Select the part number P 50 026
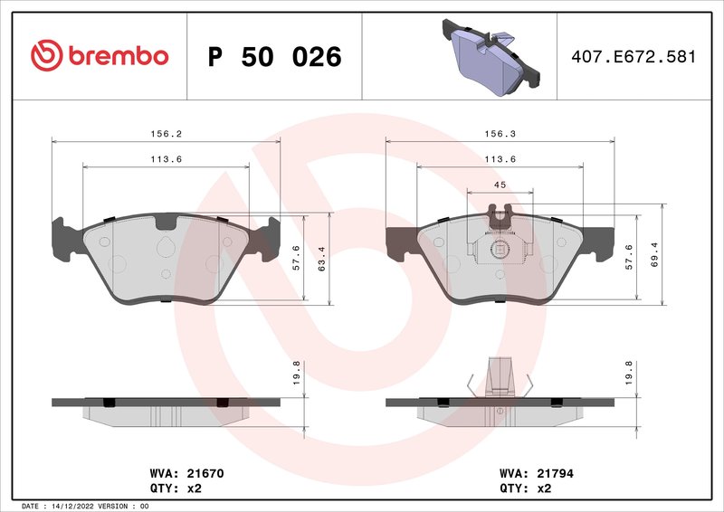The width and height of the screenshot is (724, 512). (274, 57)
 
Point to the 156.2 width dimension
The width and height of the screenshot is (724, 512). (166, 133)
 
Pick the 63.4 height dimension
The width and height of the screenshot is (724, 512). (321, 259)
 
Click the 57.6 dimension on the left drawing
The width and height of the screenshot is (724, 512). (296, 259)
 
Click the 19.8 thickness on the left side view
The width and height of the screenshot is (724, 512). (296, 372)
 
